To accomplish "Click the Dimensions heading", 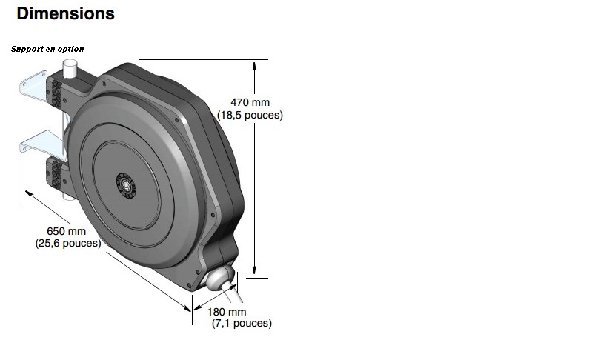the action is tap(66, 13).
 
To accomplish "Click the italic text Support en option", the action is tap(47, 49).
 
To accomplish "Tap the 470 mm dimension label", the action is tap(250, 102).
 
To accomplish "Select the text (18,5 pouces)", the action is tap(250, 115).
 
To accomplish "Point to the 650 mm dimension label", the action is tap(67, 231).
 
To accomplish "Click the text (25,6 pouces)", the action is tap(68, 243).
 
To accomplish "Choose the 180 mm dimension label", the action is tap(227, 312).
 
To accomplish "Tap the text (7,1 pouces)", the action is tap(242, 323).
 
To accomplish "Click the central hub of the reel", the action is tap(126, 185).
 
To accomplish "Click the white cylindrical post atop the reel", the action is tap(70, 68).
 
